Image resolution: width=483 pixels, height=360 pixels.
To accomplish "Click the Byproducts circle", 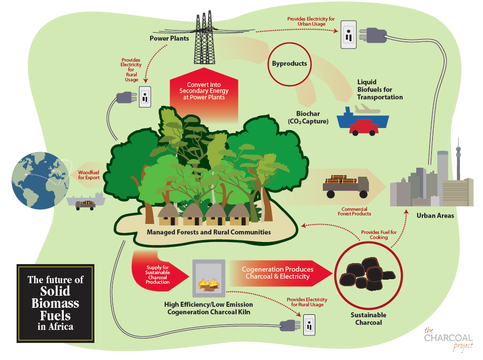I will point(289,64).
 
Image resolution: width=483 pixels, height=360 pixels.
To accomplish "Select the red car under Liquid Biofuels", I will point(364,127).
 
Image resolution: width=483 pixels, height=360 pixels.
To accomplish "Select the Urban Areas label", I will point(435,216).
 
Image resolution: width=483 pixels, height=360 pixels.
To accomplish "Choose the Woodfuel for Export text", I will point(89,175).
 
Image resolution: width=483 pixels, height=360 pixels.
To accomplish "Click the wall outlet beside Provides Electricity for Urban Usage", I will point(348,35).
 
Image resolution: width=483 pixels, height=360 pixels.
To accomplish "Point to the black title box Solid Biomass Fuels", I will point(55,303).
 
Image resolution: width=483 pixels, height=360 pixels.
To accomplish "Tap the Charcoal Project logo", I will point(447,339).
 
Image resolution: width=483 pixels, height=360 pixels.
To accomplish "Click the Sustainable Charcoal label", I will point(369,318).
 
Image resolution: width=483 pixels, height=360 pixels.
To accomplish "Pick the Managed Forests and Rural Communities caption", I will point(208,232).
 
